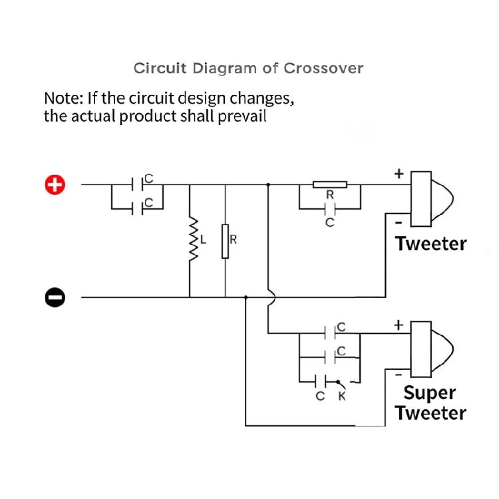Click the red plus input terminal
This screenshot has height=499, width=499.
[55, 184]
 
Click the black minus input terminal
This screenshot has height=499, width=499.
[55, 297]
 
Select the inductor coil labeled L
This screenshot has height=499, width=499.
[193, 240]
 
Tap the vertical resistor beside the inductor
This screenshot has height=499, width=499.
[225, 242]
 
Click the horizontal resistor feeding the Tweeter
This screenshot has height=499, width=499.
[330, 184]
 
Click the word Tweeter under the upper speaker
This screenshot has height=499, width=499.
[431, 244]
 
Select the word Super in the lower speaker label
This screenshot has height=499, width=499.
[430, 393]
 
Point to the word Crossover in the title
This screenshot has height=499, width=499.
[323, 69]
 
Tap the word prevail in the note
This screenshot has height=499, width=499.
[242, 116]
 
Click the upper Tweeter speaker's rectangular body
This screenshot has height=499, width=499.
[421, 199]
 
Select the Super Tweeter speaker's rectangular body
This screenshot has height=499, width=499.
[421, 349]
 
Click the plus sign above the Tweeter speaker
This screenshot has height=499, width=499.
[399, 174]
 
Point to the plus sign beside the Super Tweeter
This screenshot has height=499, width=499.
[399, 325]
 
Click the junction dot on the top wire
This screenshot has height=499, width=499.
[268, 184]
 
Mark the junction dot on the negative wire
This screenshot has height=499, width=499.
[246, 297]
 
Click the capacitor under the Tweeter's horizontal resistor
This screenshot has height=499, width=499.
[330, 209]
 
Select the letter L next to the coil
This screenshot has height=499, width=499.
[203, 240]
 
